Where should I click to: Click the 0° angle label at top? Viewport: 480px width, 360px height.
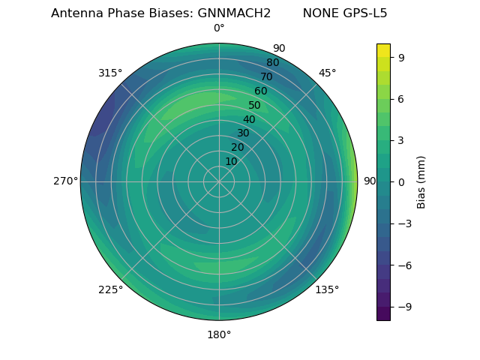pos(219,28)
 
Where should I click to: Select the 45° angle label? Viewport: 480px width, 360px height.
pos(327,73)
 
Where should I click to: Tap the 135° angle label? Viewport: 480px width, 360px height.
pos(327,289)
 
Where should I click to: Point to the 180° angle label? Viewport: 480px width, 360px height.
pos(219,334)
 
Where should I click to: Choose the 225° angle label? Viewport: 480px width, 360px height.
pos(110,289)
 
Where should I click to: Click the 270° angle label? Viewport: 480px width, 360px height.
pos(65,181)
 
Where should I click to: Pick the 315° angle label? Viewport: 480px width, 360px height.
pos(110,73)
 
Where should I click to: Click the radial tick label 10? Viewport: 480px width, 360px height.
pos(231,161)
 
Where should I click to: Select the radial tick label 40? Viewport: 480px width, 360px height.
pos(249,119)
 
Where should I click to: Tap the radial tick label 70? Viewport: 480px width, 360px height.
pos(266,76)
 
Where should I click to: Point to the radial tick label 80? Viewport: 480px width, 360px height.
pos(272,62)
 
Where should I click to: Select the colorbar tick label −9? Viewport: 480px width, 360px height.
pos(403,307)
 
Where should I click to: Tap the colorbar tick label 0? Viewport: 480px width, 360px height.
pos(400,181)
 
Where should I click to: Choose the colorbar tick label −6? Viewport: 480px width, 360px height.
pos(403,265)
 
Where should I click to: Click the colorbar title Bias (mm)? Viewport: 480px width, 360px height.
pos(421,181)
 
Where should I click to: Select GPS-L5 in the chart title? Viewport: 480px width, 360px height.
pos(363,13)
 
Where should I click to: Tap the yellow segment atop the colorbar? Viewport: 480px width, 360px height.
pos(383,50)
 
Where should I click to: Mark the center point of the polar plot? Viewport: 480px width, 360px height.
pos(219,181)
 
